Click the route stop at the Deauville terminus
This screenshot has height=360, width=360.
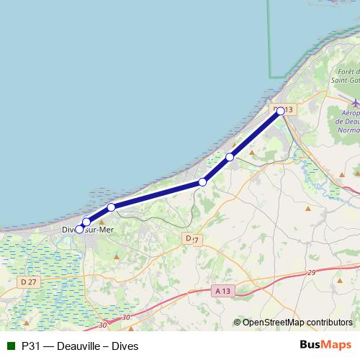tap(281, 112)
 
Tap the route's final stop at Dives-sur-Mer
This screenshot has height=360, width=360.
tap(79, 229)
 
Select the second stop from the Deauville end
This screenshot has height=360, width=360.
tap(230, 157)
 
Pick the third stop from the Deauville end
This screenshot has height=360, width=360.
tap(203, 182)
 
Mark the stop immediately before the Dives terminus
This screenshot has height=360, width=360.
tap(86, 222)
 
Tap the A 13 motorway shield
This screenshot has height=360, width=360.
tap(224, 291)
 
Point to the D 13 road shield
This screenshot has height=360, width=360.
tap(284, 110)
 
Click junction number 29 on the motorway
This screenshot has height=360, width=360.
tap(312, 272)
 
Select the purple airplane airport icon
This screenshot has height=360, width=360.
tap(356, 103)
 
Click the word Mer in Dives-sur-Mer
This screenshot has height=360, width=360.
tap(104, 230)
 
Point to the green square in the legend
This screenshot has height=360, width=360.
tap(10, 346)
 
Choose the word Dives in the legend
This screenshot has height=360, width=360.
tap(125, 346)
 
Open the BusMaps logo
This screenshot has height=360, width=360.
tap(325, 346)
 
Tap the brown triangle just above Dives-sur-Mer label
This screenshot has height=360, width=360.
tap(102, 221)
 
